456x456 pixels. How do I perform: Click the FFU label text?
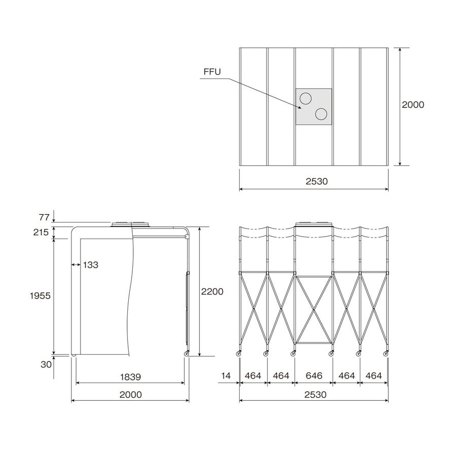coord(212,71)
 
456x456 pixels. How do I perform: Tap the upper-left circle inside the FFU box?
coord(306,99)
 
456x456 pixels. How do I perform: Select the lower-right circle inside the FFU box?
coord(321,114)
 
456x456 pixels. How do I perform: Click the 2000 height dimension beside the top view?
coord(413,105)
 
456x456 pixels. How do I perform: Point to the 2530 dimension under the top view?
coord(317,181)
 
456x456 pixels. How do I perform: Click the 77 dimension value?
coord(44,217)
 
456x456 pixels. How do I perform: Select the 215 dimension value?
coord(41,232)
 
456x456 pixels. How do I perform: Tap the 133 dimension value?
coord(91,264)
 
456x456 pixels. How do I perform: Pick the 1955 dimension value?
coord(40,296)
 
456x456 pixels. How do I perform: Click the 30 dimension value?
coord(46,364)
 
